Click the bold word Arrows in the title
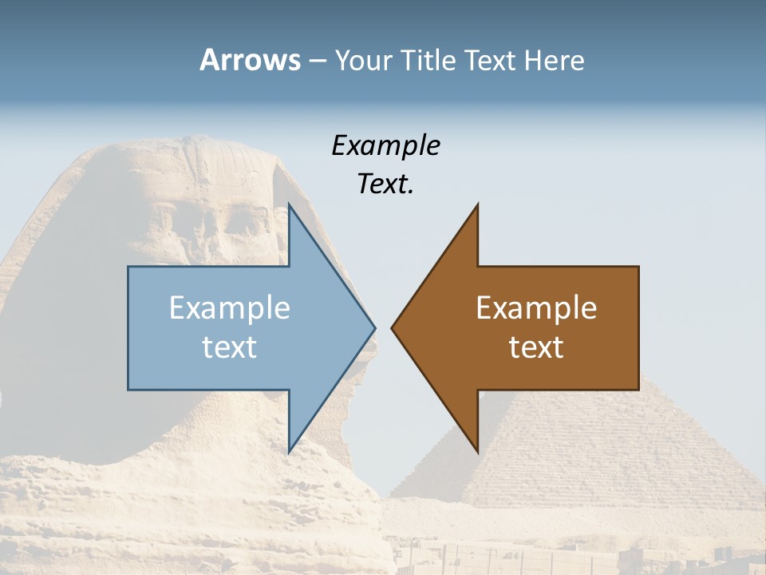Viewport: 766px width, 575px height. coord(250,60)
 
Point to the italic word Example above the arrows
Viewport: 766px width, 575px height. coord(385,145)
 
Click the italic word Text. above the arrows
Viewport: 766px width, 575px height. coord(385,184)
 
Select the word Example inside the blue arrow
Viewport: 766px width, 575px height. coord(230,308)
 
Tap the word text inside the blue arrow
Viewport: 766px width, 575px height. coord(230,347)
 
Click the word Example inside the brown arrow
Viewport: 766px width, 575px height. coord(536,308)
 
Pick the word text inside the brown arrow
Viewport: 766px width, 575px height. coord(536,347)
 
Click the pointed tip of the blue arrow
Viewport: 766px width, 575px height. coord(374,327)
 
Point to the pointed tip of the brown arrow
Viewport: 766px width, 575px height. coord(393,327)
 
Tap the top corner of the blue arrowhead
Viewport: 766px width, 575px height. coord(290,205)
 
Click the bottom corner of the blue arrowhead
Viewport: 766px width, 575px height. coord(290,451)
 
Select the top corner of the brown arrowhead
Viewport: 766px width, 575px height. coord(477,205)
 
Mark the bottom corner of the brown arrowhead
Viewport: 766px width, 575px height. coord(477,451)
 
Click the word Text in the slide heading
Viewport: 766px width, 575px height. coord(492,61)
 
